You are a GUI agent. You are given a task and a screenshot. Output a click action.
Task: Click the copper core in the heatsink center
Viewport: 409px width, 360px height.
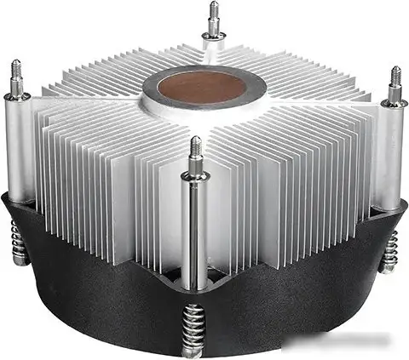[x=203, y=89]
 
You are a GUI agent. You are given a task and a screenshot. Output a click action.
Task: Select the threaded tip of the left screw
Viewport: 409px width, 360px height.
[x=15, y=73]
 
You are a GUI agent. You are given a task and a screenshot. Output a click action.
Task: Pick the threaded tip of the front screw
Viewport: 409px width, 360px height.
[x=195, y=152]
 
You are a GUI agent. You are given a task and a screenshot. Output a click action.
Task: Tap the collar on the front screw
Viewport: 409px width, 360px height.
[x=195, y=176]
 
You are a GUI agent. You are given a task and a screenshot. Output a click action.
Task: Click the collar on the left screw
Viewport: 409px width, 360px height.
[x=16, y=95]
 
